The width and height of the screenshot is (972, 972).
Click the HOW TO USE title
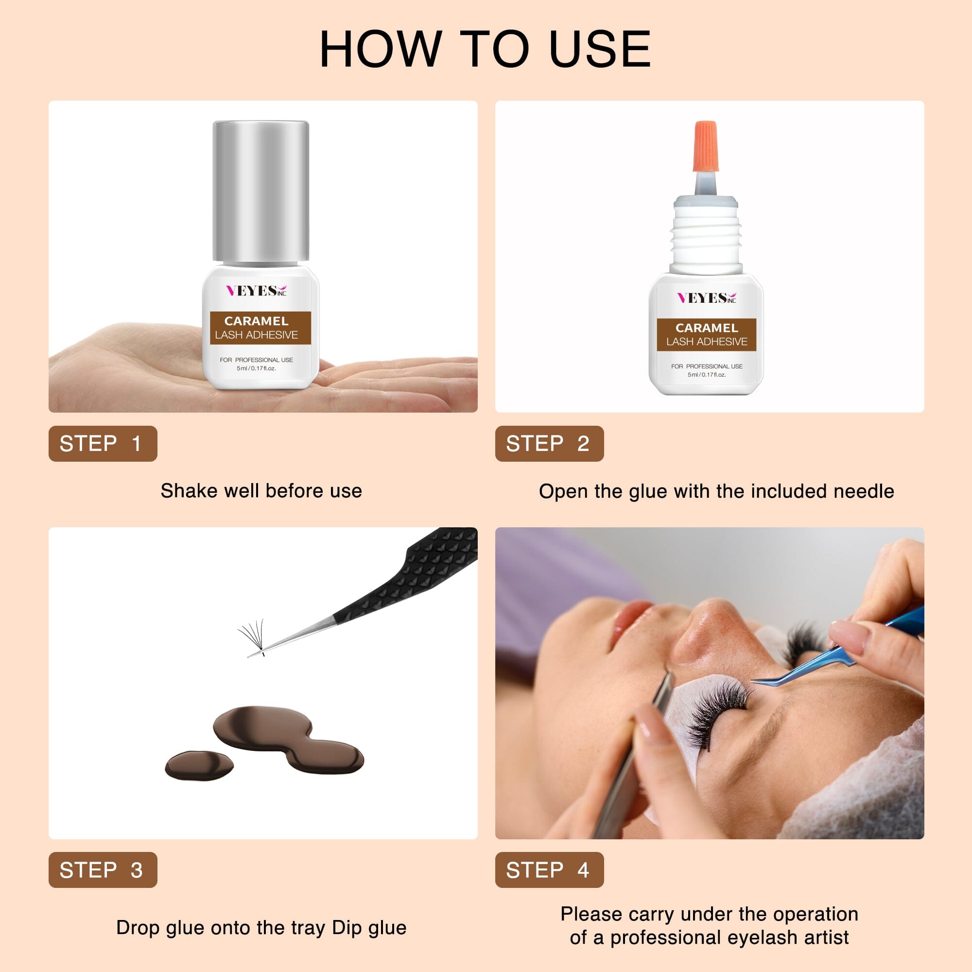(485, 49)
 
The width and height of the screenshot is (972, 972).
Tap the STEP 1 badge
(103, 443)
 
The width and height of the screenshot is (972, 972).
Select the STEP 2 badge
(549, 443)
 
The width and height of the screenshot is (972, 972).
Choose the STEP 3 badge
(103, 870)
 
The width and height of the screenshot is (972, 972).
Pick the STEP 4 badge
(549, 870)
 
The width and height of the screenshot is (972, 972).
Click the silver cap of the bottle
(260, 192)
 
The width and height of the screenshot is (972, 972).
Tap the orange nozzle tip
(705, 146)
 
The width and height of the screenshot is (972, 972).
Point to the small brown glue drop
(199, 766)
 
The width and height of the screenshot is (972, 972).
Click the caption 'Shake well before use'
(261, 491)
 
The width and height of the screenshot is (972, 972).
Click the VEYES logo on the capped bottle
(256, 290)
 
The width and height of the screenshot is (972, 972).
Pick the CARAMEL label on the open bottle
(706, 328)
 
